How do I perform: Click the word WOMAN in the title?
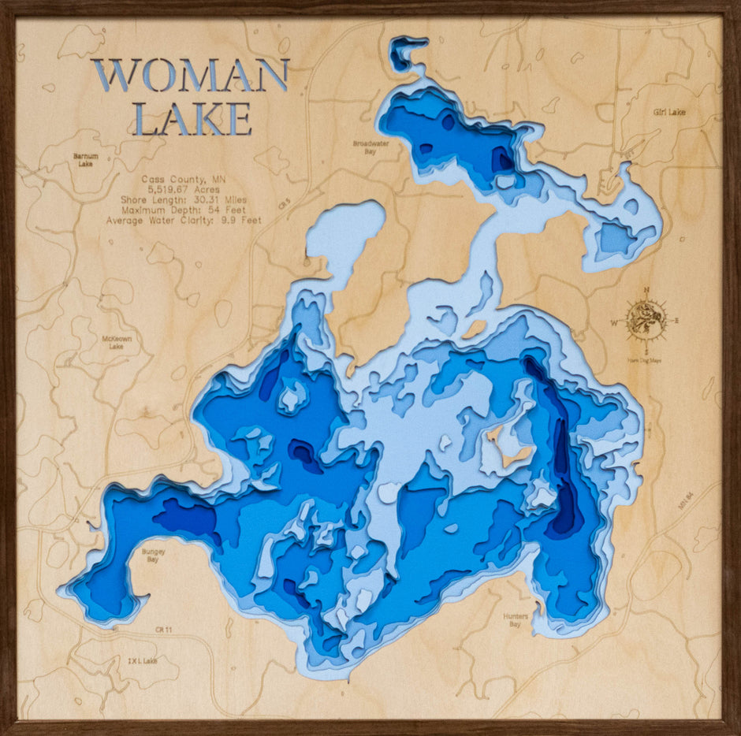189,76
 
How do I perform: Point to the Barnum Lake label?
86,160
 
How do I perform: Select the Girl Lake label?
669,112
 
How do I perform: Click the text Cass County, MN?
184,180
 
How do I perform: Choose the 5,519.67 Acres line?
183,190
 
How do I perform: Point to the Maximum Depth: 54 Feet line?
184,210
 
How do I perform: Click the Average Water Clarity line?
184,221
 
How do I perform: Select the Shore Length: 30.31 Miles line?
184,200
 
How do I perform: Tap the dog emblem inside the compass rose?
646,320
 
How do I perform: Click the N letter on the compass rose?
646,289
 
